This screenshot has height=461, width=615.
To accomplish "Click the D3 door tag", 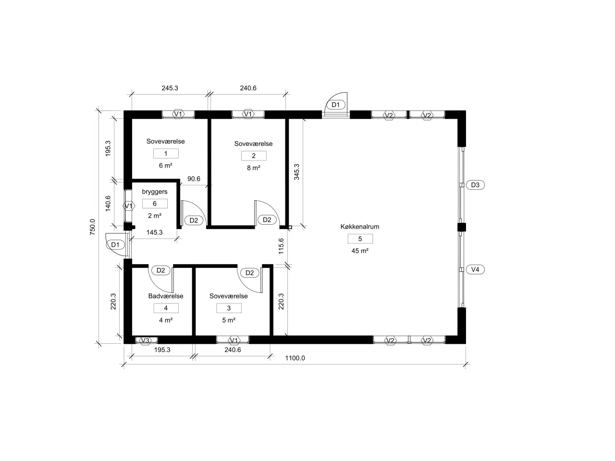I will coord(475,185).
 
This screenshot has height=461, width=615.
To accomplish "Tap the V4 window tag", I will coord(475,269).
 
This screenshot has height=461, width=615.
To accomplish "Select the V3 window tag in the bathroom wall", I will coord(145,340).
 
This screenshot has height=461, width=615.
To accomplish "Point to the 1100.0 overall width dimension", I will coord(295,358).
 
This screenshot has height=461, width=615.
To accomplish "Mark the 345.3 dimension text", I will coord(296,172).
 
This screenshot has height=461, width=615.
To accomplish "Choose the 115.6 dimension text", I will coord(281,245).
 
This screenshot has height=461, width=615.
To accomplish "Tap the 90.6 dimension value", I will coord(194,179).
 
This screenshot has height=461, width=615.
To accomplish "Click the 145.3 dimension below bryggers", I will coord(154,232).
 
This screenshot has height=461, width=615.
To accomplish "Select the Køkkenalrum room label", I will coord(360,227).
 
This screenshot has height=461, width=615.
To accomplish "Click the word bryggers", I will coord(155,192).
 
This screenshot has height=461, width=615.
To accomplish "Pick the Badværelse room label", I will coord(166,296).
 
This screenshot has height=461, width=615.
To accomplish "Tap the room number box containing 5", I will coord(360,239).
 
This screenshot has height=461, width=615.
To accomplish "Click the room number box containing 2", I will coord(254,156).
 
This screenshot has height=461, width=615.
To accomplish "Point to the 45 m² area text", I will coord(360,251).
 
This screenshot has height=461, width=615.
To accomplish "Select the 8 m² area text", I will coord(254,168).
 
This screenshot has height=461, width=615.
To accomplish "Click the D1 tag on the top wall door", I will coord(335,105).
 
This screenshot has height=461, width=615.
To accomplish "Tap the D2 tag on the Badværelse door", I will coord(161,270).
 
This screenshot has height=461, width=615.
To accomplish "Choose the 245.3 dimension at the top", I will coord(170,88).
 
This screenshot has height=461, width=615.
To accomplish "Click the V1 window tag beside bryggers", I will coord(128,206).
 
